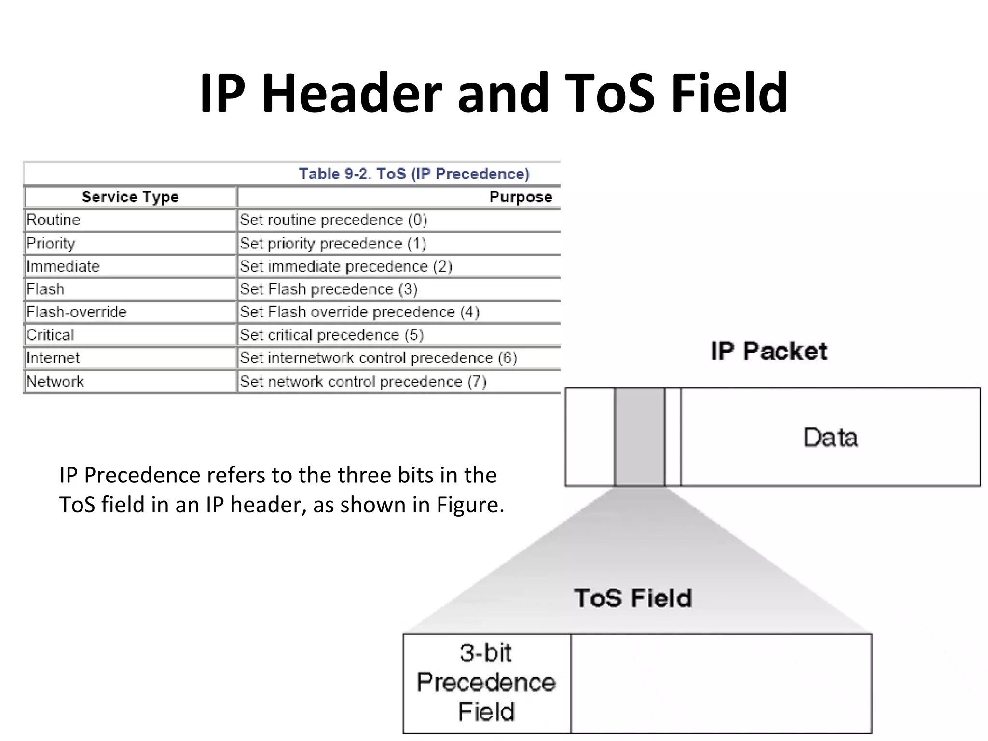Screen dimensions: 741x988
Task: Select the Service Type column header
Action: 130,197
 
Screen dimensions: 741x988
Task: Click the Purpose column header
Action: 521,197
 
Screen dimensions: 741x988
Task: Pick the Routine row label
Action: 54,220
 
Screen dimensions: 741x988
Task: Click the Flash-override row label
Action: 77,312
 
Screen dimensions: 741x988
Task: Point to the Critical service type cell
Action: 51,335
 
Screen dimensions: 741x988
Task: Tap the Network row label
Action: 55,382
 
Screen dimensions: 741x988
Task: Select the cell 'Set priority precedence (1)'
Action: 333,244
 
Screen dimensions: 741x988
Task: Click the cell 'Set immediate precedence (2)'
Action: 346,266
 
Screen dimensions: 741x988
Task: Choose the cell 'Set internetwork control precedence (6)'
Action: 378,358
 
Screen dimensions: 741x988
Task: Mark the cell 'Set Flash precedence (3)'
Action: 329,289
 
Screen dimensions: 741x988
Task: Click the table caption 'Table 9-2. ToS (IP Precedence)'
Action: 414,174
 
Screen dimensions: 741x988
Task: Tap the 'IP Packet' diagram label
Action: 769,351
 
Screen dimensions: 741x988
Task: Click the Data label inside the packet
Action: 830,438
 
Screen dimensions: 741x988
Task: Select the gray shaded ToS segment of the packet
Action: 639,437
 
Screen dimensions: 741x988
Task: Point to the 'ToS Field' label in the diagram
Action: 633,598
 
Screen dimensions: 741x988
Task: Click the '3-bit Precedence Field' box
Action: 486,683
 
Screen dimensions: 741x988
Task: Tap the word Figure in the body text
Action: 470,505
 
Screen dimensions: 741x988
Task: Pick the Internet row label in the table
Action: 53,358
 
